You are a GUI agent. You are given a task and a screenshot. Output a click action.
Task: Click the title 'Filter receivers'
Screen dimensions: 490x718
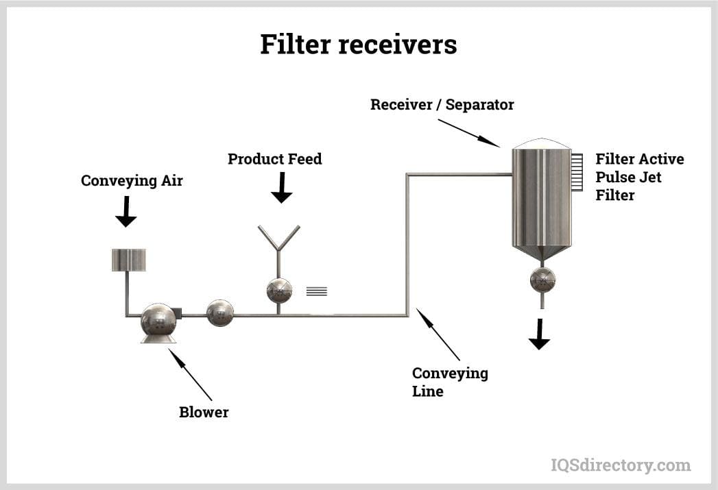pyautogui.click(x=358, y=45)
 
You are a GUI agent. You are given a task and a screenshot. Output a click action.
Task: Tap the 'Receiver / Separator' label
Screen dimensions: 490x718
pyautogui.click(x=442, y=105)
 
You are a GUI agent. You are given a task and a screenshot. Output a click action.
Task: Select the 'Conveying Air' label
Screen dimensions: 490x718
pyautogui.click(x=132, y=181)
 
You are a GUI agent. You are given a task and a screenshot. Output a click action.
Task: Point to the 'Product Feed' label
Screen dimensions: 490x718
pyautogui.click(x=274, y=159)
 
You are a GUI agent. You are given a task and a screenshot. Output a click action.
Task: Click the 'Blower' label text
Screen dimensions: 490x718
pyautogui.click(x=204, y=413)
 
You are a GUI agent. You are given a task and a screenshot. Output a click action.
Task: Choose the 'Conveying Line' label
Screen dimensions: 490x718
pyautogui.click(x=449, y=382)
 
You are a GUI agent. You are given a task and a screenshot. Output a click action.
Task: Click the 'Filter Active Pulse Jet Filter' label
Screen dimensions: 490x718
pyautogui.click(x=639, y=177)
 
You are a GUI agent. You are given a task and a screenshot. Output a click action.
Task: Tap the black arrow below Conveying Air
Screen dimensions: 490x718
pyautogui.click(x=125, y=212)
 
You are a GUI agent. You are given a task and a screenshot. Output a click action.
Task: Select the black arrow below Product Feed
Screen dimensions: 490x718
pyautogui.click(x=281, y=188)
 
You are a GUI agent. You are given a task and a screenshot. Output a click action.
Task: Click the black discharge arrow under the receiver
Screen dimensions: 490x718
pyautogui.click(x=539, y=334)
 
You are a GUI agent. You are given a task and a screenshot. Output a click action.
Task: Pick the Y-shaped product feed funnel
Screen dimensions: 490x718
pyautogui.click(x=278, y=240)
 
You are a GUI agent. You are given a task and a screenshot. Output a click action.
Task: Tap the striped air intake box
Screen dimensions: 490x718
pyautogui.click(x=128, y=260)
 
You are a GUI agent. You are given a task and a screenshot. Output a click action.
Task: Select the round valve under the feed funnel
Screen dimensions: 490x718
pyautogui.click(x=279, y=291)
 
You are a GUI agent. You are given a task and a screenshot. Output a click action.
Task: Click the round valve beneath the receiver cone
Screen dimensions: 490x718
pyautogui.click(x=542, y=280)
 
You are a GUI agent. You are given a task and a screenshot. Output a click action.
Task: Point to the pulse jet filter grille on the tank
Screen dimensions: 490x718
pyautogui.click(x=577, y=172)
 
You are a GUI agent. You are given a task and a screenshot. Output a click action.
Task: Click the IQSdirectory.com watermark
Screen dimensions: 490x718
pyautogui.click(x=621, y=465)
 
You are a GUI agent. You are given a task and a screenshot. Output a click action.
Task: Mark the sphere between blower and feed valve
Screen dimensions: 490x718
pyautogui.click(x=219, y=313)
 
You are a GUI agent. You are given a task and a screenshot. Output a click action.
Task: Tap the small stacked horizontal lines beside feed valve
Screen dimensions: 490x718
pyautogui.click(x=316, y=291)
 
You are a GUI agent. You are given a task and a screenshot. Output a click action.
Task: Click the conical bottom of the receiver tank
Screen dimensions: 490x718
pyautogui.click(x=542, y=252)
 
